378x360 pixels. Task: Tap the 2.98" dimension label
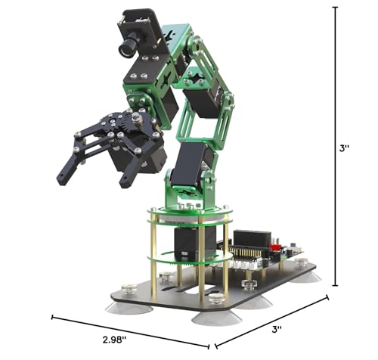pos(114,340)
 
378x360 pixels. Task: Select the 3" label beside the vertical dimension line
pos(344,148)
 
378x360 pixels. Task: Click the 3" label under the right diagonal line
pos(277,329)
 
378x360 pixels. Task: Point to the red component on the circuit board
pos(274,247)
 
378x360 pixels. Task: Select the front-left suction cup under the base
pos(129,308)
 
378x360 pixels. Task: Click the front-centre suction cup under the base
pos(216,318)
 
